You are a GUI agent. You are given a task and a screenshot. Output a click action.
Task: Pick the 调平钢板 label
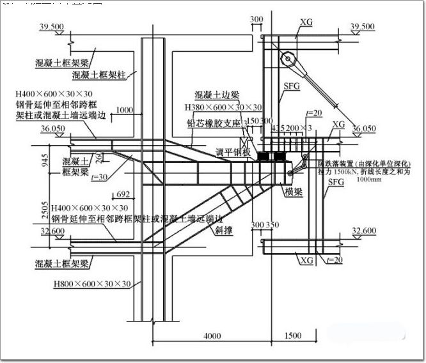pos(228,153)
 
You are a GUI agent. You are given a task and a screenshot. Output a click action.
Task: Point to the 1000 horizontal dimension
pos(125,110)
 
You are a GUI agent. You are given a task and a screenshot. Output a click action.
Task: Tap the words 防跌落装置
pos(336,164)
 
